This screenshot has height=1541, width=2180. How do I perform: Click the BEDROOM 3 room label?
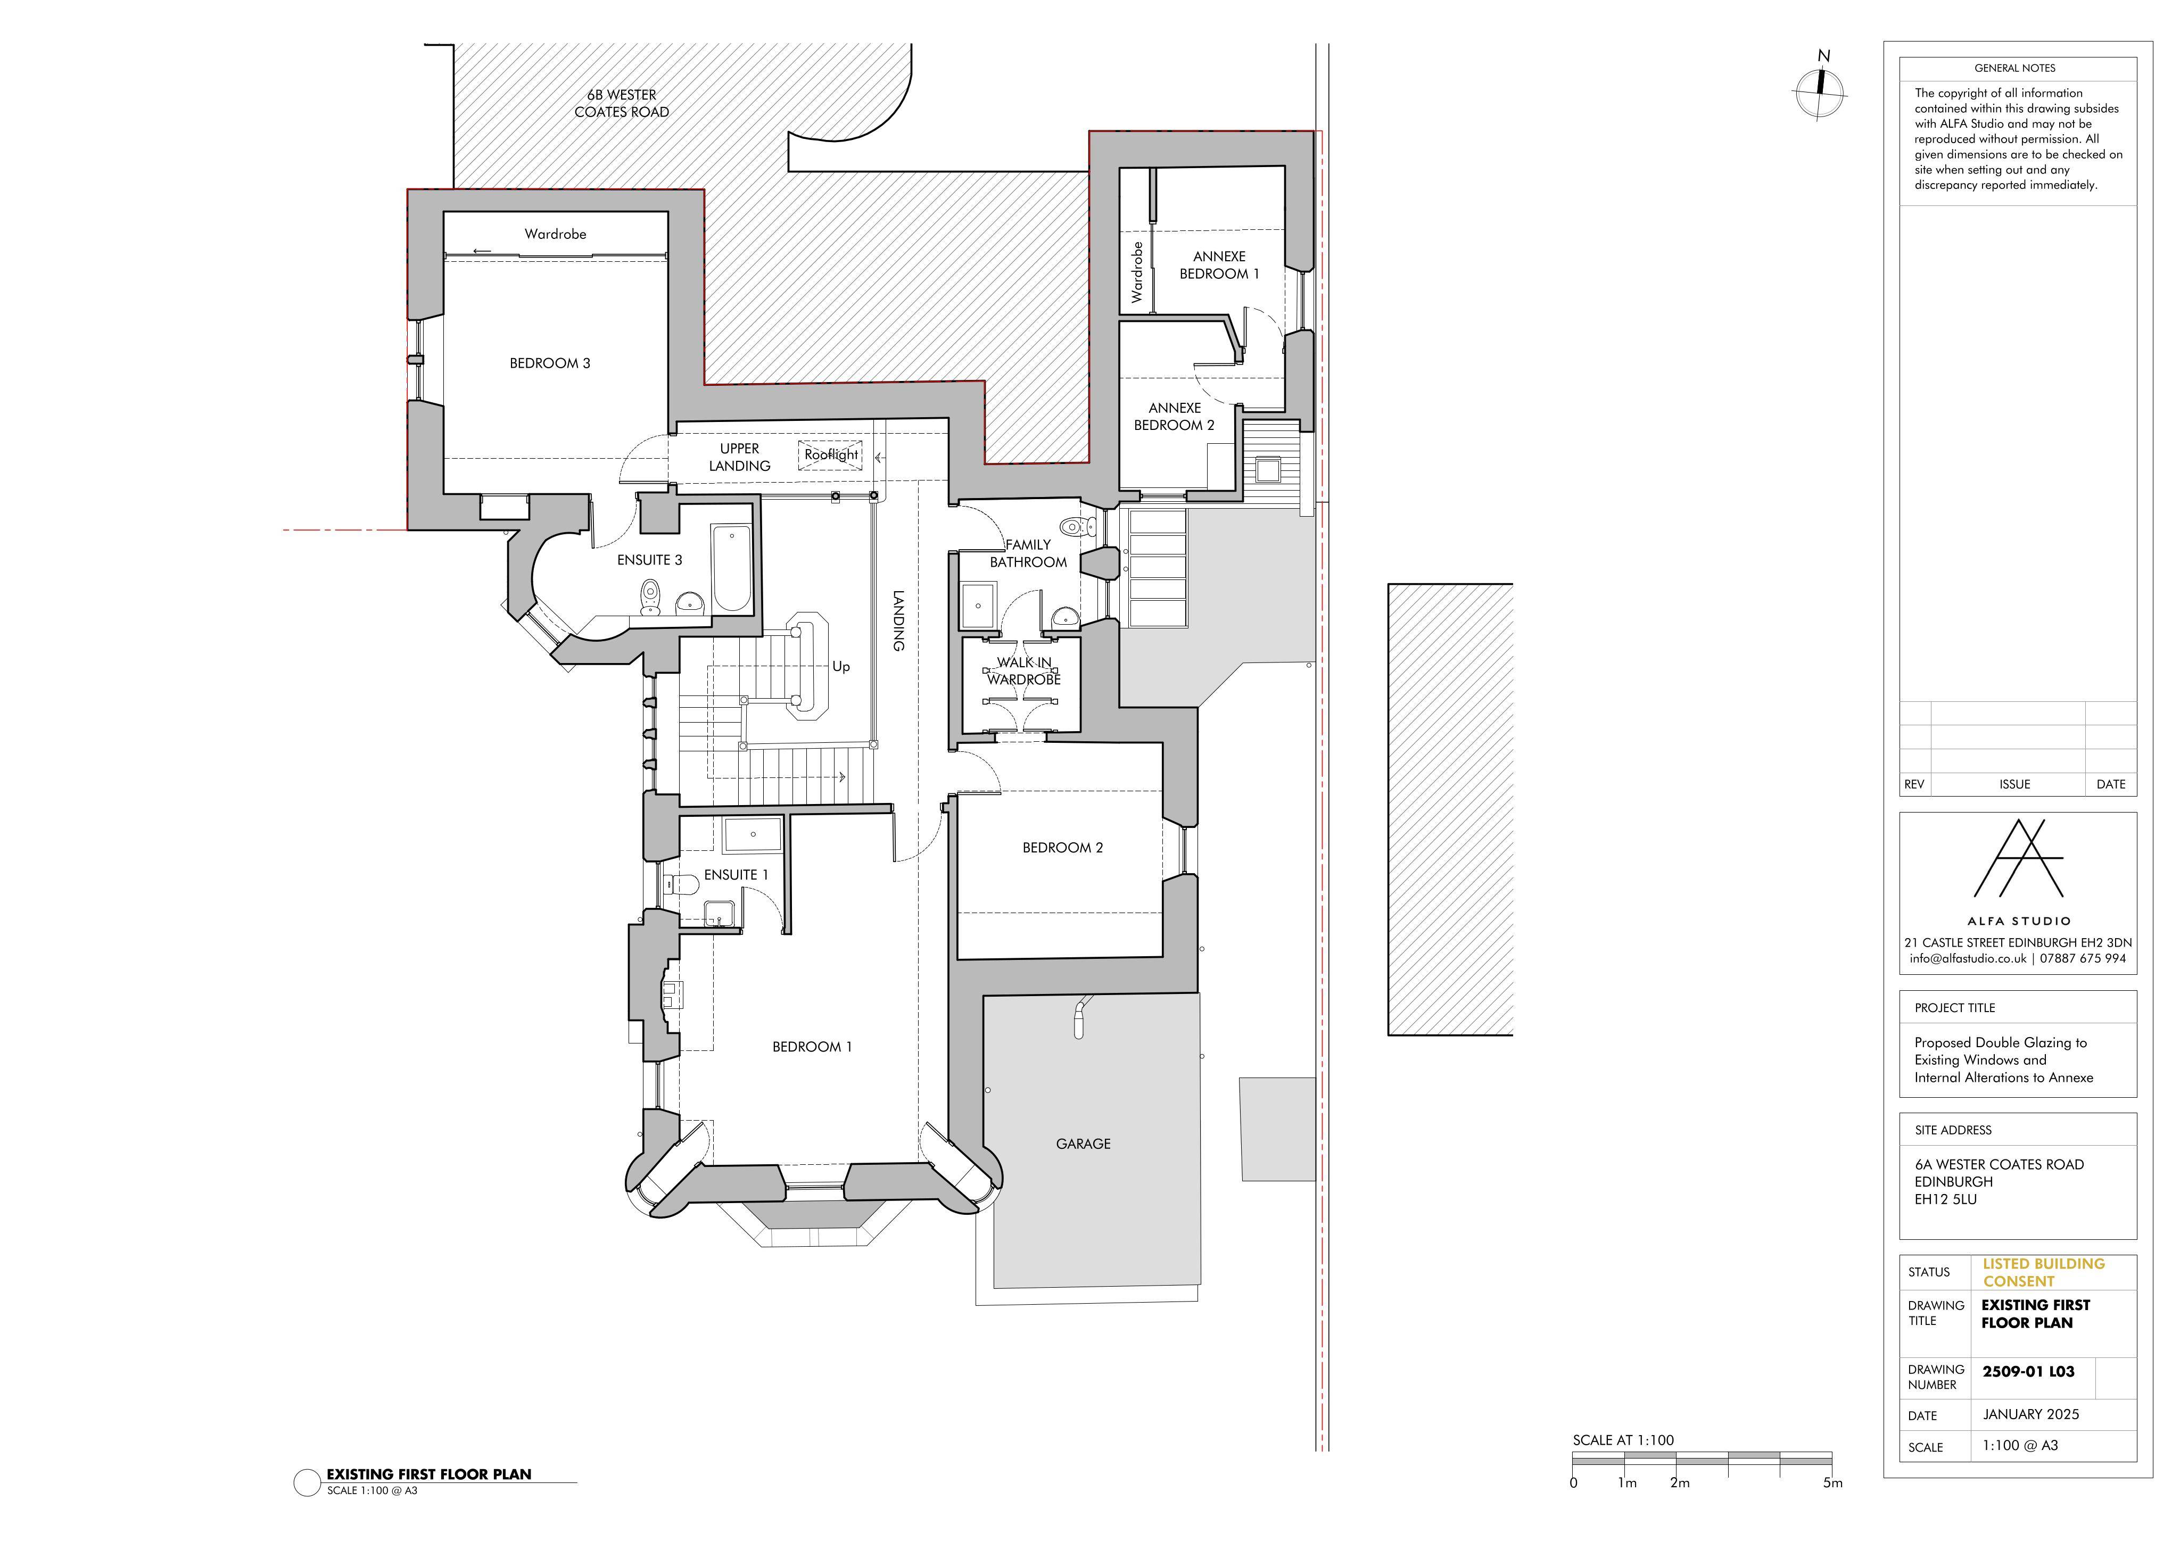pos(550,363)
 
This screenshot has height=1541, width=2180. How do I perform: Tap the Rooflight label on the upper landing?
pos(831,455)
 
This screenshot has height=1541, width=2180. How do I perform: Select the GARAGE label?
pos(1083,1144)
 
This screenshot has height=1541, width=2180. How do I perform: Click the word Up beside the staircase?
pos(840,667)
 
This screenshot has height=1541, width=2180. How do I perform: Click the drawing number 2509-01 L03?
pos(2028,1371)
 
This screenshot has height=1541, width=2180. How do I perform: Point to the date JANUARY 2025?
pos(2031,1414)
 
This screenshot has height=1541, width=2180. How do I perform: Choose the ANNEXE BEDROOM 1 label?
pos(1219,265)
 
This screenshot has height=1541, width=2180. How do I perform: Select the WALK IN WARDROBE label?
pos(1023,672)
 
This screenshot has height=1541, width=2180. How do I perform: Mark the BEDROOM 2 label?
pos(1062,848)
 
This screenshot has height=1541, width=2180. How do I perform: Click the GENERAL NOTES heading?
pos(2015,68)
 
